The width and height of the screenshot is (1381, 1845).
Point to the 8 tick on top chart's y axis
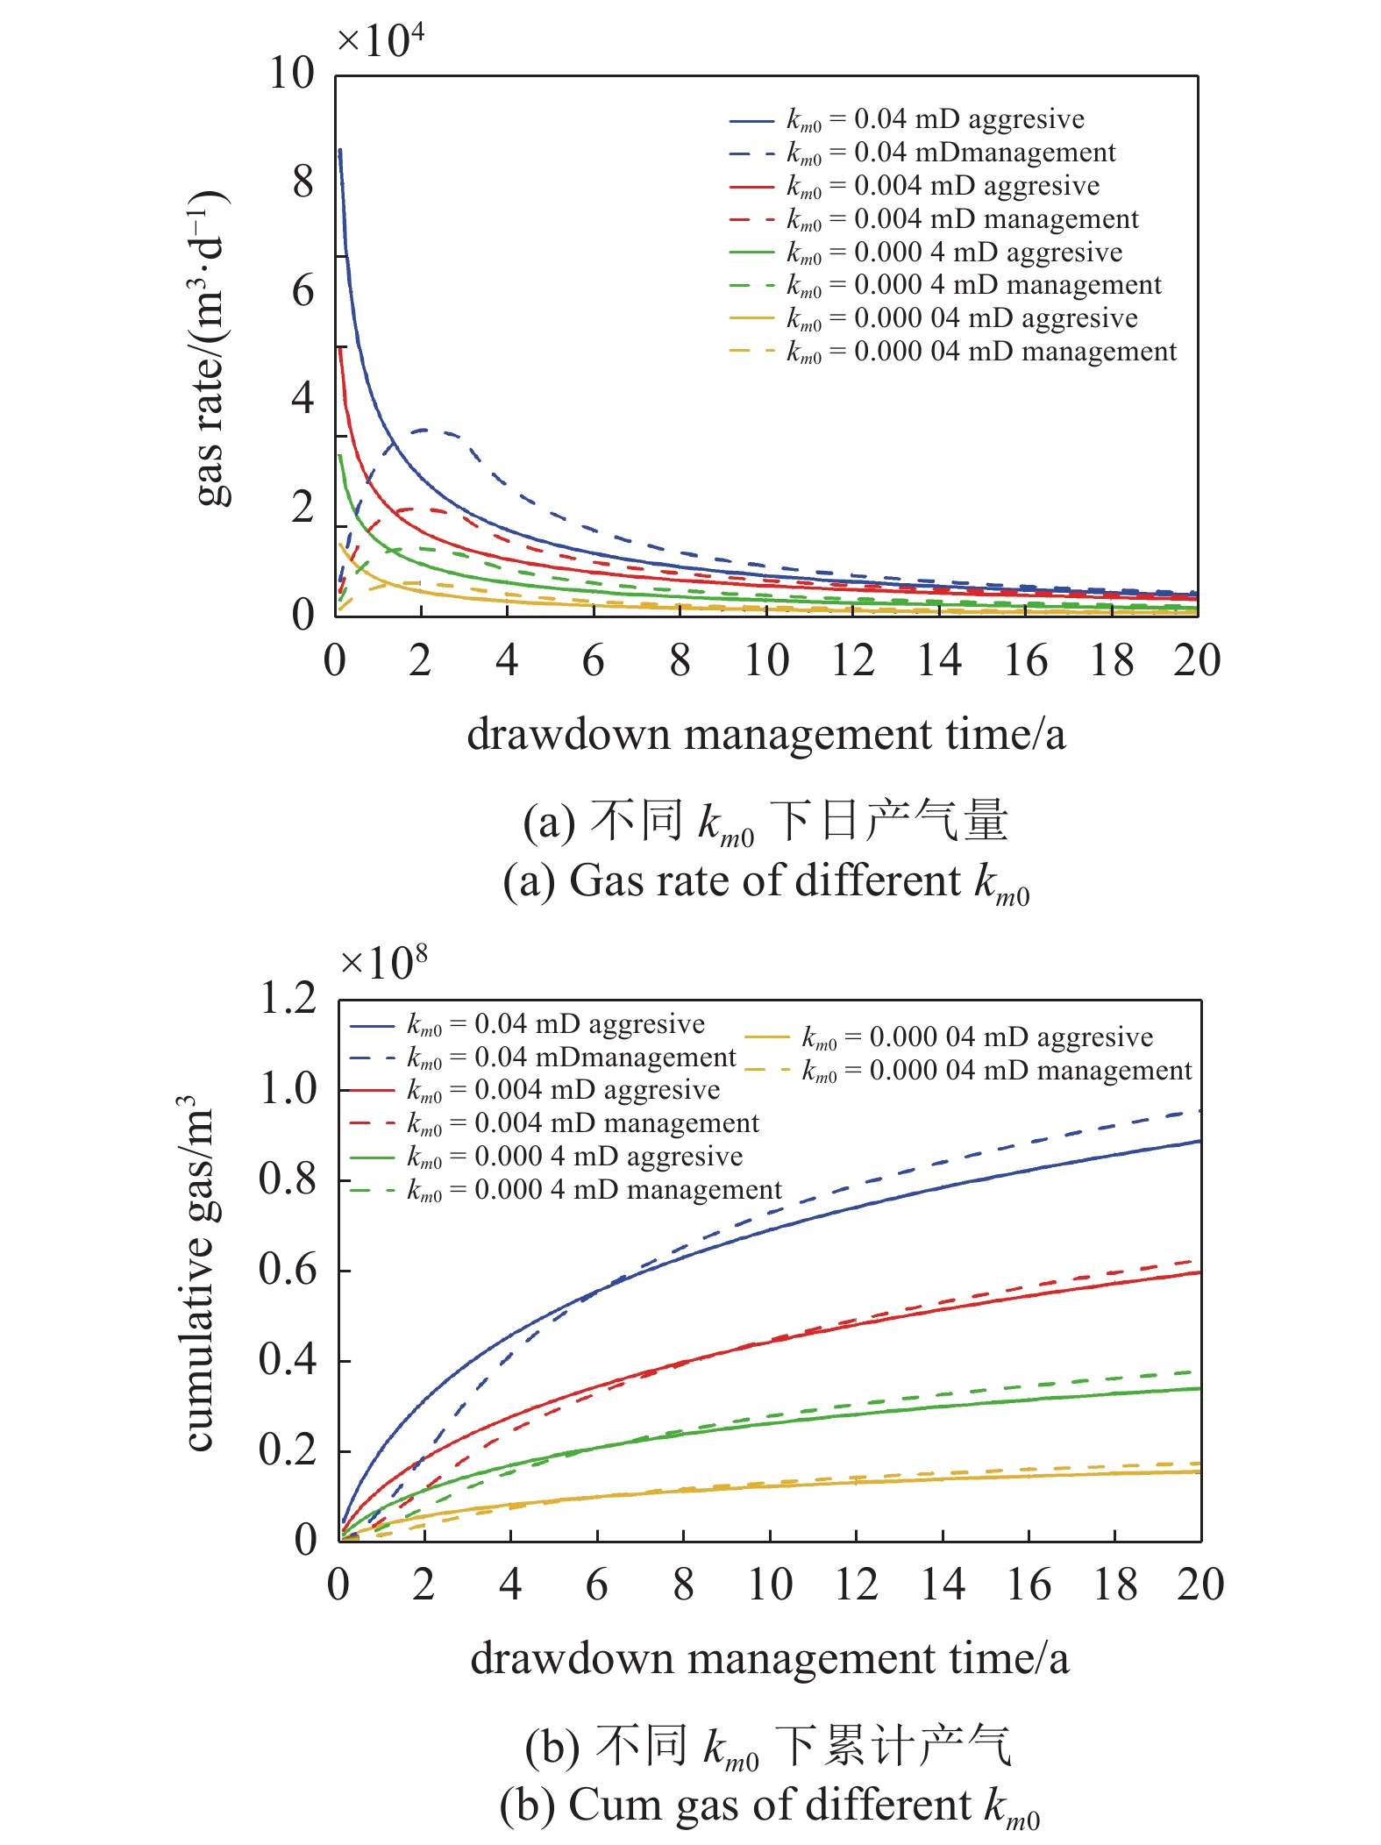point(303,182)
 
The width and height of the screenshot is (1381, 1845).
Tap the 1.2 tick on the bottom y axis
point(288,998)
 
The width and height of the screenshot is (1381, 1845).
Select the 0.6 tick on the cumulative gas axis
point(288,1269)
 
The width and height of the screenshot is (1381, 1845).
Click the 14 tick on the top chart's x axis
point(939,660)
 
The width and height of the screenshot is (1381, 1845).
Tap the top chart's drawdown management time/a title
point(765,734)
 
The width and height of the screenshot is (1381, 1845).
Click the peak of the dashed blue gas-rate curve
point(426,430)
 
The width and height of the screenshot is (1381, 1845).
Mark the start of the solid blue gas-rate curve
point(340,151)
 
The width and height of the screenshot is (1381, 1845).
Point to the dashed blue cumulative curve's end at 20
point(1199,1111)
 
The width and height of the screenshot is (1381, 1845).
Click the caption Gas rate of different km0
point(765,881)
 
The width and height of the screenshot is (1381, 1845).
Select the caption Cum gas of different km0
point(769,1805)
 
